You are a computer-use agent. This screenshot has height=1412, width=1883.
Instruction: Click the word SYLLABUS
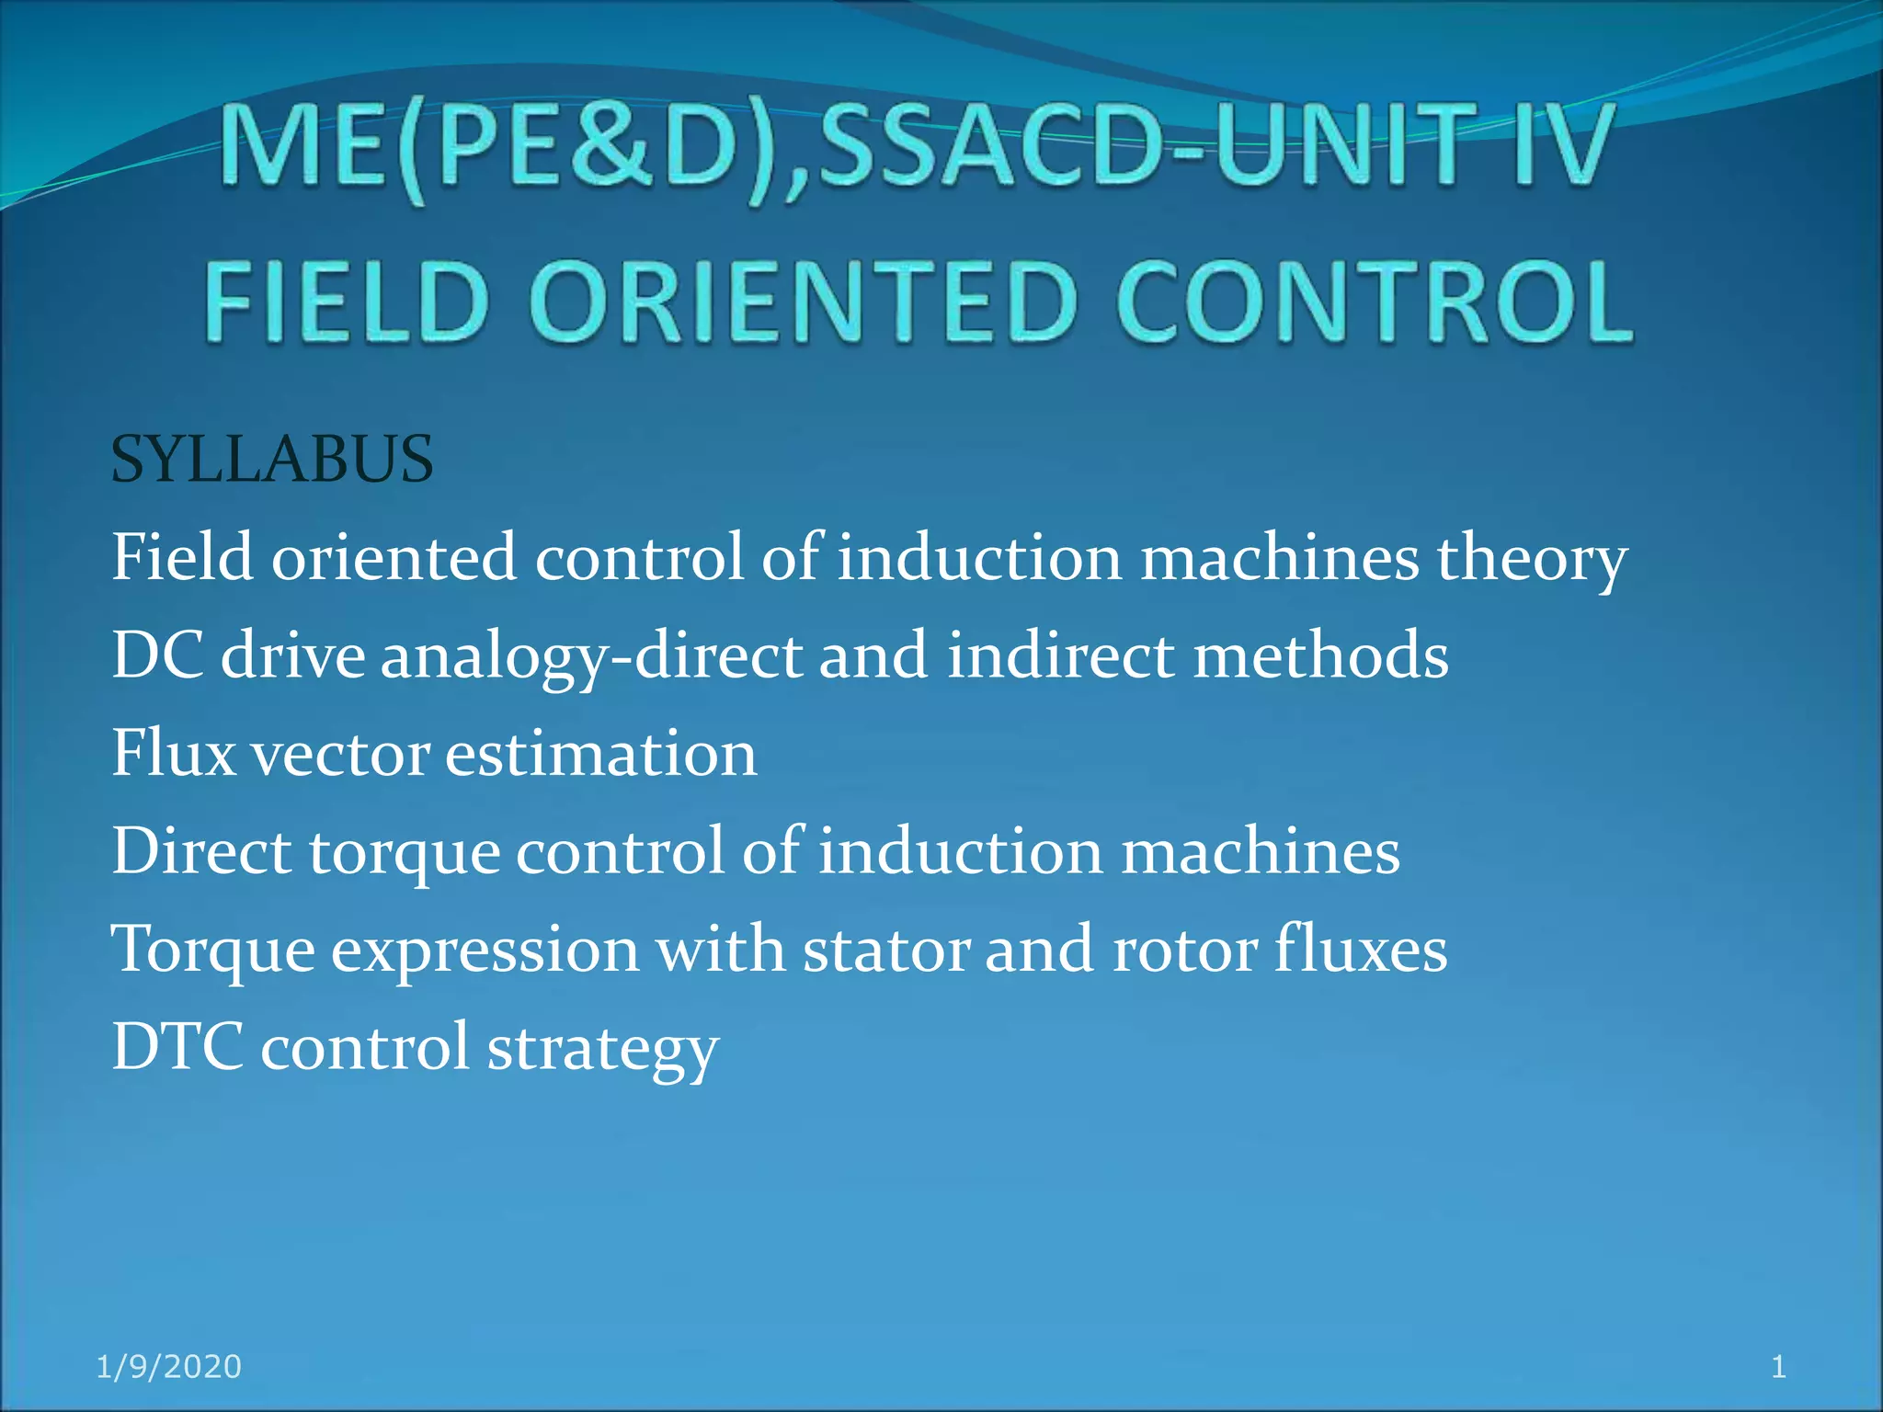271,460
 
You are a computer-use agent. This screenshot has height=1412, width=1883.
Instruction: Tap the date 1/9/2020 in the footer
169,1367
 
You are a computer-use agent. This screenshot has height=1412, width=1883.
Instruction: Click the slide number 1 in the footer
1778,1367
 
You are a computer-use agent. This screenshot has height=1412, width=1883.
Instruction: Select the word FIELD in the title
346,302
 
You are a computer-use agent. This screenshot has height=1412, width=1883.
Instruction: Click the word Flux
174,754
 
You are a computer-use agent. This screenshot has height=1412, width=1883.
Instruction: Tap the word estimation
601,754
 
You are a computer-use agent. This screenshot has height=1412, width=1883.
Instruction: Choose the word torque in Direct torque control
404,853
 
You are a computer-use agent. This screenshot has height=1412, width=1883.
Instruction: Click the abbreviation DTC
177,1047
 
